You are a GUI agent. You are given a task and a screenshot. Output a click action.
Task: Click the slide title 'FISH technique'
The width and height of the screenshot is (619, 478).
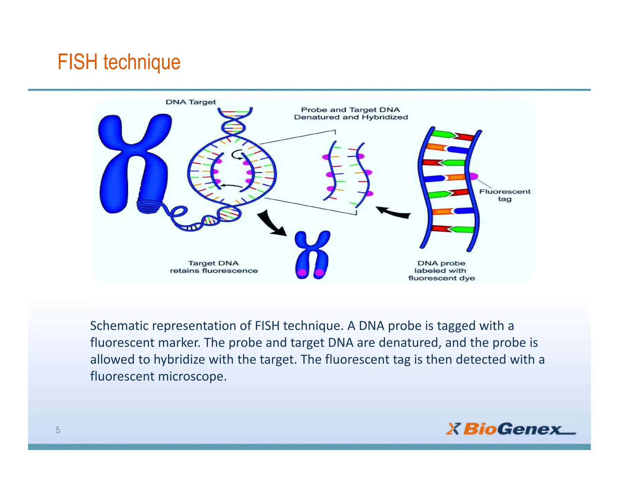(x=119, y=62)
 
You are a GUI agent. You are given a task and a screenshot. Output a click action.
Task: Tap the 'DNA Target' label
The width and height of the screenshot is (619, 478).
(x=191, y=102)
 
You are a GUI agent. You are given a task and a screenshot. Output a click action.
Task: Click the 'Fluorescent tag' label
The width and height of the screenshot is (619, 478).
(x=504, y=195)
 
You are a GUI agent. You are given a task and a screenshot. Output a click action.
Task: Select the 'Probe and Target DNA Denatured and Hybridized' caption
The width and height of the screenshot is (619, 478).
(x=351, y=113)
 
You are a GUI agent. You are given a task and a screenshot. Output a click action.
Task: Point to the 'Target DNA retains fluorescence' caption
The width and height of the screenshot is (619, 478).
(x=213, y=267)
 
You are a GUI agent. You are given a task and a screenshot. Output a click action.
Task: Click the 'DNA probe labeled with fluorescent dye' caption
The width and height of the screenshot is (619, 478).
(x=441, y=270)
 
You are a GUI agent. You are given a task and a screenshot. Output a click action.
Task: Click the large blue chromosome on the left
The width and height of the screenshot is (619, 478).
(x=133, y=163)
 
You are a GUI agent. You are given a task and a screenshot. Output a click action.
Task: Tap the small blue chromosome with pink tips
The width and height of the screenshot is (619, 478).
(x=312, y=254)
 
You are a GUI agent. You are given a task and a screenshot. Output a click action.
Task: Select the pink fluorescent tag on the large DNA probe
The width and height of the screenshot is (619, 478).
(x=473, y=176)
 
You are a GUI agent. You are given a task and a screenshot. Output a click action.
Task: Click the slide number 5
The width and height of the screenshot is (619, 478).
(x=58, y=430)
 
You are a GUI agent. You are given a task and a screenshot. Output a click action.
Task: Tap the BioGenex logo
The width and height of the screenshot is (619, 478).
(x=511, y=429)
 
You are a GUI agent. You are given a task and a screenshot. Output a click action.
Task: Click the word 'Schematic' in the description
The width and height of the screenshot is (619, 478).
(x=119, y=326)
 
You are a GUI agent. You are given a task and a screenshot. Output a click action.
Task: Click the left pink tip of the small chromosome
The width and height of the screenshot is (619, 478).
(x=302, y=273)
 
